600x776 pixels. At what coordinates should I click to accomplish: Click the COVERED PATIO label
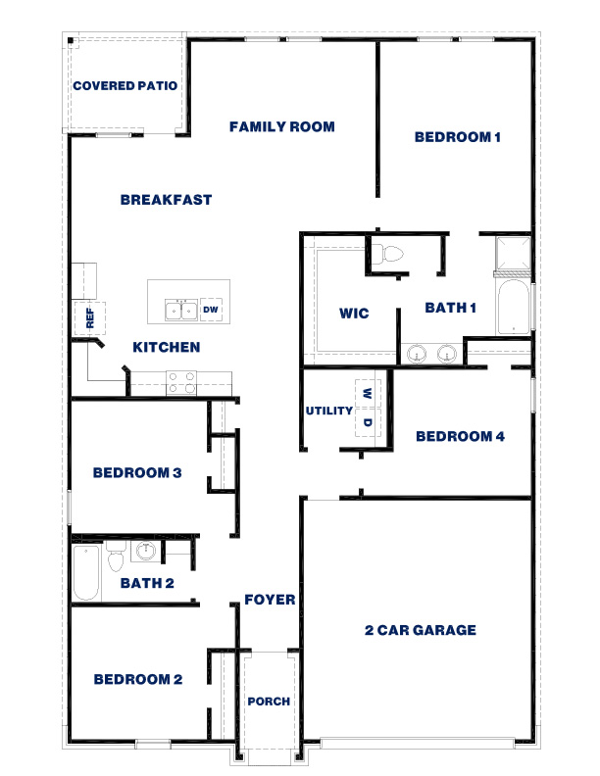click(x=125, y=86)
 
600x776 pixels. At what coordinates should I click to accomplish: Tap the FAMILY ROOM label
click(x=282, y=126)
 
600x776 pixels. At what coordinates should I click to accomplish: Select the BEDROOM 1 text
click(x=458, y=138)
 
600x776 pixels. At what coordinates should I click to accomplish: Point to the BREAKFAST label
click(x=167, y=200)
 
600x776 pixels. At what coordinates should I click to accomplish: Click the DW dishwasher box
click(x=210, y=310)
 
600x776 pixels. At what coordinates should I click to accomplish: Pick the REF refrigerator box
click(x=89, y=317)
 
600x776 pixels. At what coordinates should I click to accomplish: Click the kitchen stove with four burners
click(x=180, y=382)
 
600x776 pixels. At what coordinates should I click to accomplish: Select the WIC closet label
click(x=354, y=314)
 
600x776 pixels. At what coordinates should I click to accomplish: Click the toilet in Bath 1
click(x=391, y=254)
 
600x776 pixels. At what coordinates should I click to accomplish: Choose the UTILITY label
click(x=328, y=411)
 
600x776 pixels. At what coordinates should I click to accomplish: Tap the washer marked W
click(x=367, y=393)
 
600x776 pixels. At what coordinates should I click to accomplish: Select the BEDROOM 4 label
click(x=460, y=437)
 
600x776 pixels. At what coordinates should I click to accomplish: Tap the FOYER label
click(x=270, y=600)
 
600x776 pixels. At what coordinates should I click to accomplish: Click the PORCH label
click(x=269, y=702)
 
